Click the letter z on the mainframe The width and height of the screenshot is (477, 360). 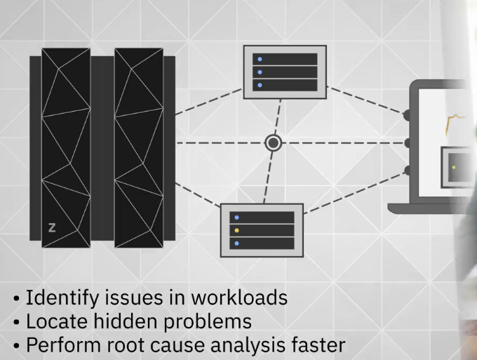point(51,227)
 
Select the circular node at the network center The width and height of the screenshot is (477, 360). point(274,143)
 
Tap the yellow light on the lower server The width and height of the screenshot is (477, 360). point(237,230)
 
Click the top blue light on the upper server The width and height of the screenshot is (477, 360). point(260,59)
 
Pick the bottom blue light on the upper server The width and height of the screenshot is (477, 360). point(260,85)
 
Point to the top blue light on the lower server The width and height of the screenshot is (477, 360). point(237,218)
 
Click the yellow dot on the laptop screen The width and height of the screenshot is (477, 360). point(455,168)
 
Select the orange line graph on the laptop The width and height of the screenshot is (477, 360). point(456,123)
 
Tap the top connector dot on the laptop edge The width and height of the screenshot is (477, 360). point(408,114)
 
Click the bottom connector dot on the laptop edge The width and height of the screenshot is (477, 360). point(408,171)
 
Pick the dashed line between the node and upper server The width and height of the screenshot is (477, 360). point(278,119)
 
